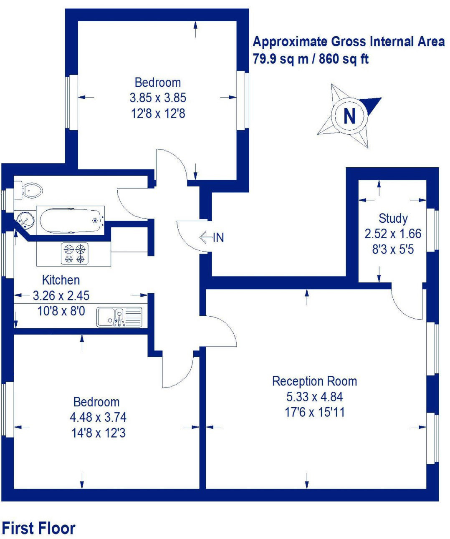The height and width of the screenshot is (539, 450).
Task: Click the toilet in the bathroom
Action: coord(30,190)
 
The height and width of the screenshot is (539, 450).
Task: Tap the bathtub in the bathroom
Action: coord(70,220)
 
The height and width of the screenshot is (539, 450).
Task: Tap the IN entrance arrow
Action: coord(206,237)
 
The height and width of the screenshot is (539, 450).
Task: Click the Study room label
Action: coord(393,218)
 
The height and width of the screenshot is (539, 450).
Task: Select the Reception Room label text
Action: coord(314,381)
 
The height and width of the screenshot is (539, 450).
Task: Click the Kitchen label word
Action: coord(61,280)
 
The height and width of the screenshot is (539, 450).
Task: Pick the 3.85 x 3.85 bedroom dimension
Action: coord(158,98)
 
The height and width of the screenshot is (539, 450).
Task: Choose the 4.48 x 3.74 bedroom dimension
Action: coord(98,417)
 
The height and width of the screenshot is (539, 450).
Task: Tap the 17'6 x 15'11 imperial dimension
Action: coord(314,413)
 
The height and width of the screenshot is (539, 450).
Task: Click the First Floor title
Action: coord(39,528)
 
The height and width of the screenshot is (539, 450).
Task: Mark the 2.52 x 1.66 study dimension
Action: coord(393,234)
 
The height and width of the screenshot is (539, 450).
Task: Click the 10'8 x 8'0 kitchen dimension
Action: coord(61,311)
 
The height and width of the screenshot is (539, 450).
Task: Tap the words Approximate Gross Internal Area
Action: coord(349,42)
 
